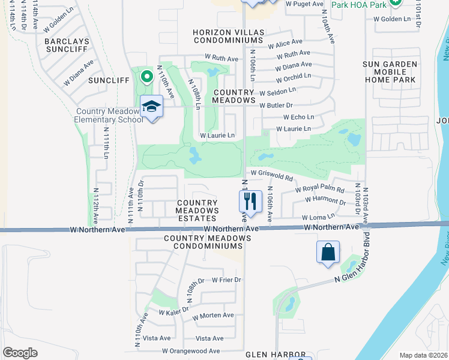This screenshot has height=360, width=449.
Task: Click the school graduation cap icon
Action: pyautogui.click(x=152, y=107)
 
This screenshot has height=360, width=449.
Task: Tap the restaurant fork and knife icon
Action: pyautogui.click(x=251, y=201)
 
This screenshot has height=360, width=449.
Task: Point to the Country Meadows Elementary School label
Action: pyautogui.click(x=107, y=115)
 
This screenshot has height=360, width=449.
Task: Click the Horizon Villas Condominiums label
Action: pyautogui.click(x=228, y=35)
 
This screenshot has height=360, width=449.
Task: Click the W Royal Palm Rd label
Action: pyautogui.click(x=319, y=190)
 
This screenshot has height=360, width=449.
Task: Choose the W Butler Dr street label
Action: pyautogui.click(x=276, y=105)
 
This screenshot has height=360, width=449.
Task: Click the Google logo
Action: pyautogui.click(x=20, y=353)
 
